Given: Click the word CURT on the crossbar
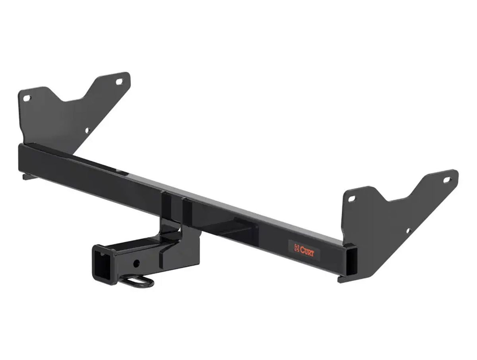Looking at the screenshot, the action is coord(307,252).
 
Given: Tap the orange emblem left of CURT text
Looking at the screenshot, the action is coord(297,248).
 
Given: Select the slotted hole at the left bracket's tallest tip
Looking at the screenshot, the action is coord(119,82).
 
